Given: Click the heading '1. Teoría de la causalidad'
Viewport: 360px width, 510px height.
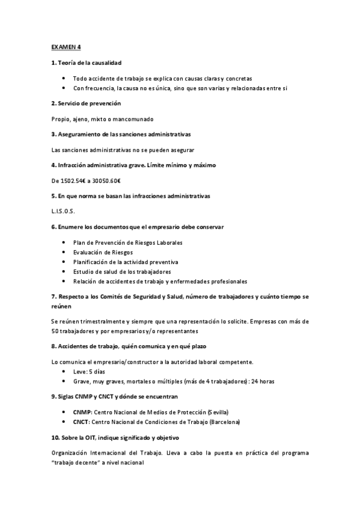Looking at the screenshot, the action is tap(89, 63).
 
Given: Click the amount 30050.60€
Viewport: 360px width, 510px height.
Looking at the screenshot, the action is tap(106, 180).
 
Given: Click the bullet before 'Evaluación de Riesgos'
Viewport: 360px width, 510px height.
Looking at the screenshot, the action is tap(65, 253).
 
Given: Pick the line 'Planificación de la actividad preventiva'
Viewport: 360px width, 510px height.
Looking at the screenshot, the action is tap(126, 262).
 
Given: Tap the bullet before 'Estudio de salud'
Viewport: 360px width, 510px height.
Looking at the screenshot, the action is tap(65, 272).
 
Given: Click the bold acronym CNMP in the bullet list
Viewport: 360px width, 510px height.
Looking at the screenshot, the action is tap(82, 412).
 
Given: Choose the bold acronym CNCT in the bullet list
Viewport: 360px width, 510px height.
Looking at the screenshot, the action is tap(82, 422).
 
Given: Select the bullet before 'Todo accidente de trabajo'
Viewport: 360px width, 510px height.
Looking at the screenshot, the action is tap(65, 78).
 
